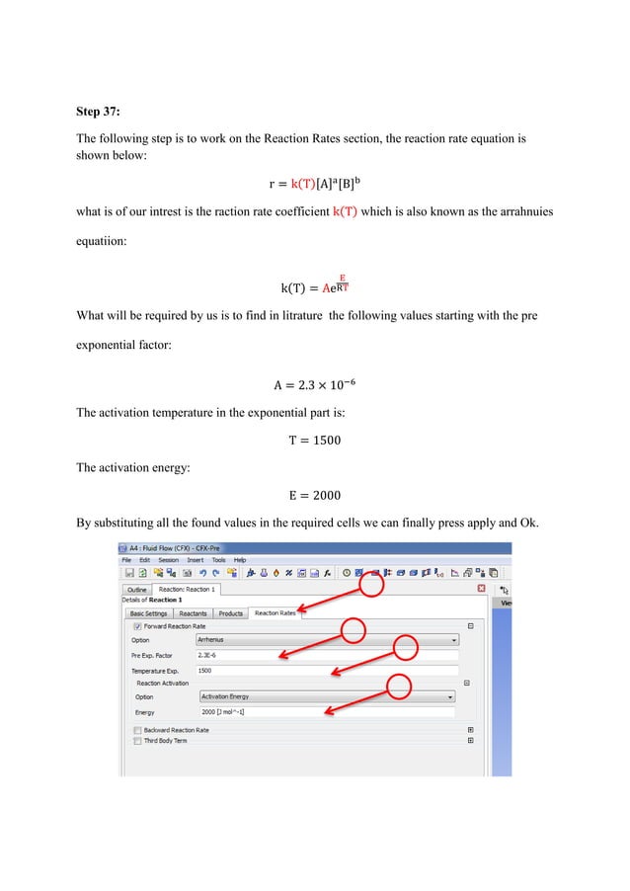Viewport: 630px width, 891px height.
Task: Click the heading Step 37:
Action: (x=103, y=110)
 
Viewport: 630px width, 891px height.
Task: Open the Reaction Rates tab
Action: (x=275, y=613)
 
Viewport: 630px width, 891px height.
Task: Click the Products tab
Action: (x=231, y=613)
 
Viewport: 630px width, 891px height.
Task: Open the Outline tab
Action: (x=137, y=590)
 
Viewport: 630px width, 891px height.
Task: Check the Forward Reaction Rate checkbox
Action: (x=136, y=626)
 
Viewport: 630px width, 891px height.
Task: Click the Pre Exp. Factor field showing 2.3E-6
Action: (x=326, y=655)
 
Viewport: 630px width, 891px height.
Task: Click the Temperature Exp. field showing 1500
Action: (x=326, y=670)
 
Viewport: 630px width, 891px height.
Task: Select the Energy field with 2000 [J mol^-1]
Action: (x=326, y=711)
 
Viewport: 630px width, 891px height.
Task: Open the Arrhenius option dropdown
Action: (x=326, y=640)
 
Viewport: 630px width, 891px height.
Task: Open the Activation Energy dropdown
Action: (x=326, y=696)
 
